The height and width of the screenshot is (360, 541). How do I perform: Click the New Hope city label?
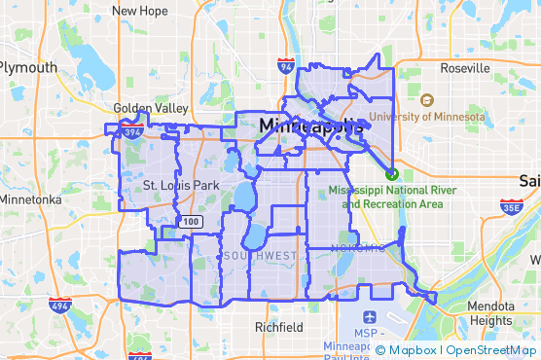139,11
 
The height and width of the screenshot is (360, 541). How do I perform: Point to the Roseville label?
464,69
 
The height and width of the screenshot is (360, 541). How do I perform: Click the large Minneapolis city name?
311,126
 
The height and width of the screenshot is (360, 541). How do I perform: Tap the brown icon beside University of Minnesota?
426,99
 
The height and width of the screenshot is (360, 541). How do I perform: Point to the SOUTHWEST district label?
260,255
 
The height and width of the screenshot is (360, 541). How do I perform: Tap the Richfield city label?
278,327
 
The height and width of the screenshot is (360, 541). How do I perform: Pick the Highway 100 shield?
191,223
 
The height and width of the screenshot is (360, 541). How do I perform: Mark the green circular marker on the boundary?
391,174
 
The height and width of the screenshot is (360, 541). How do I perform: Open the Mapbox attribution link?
413,350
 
